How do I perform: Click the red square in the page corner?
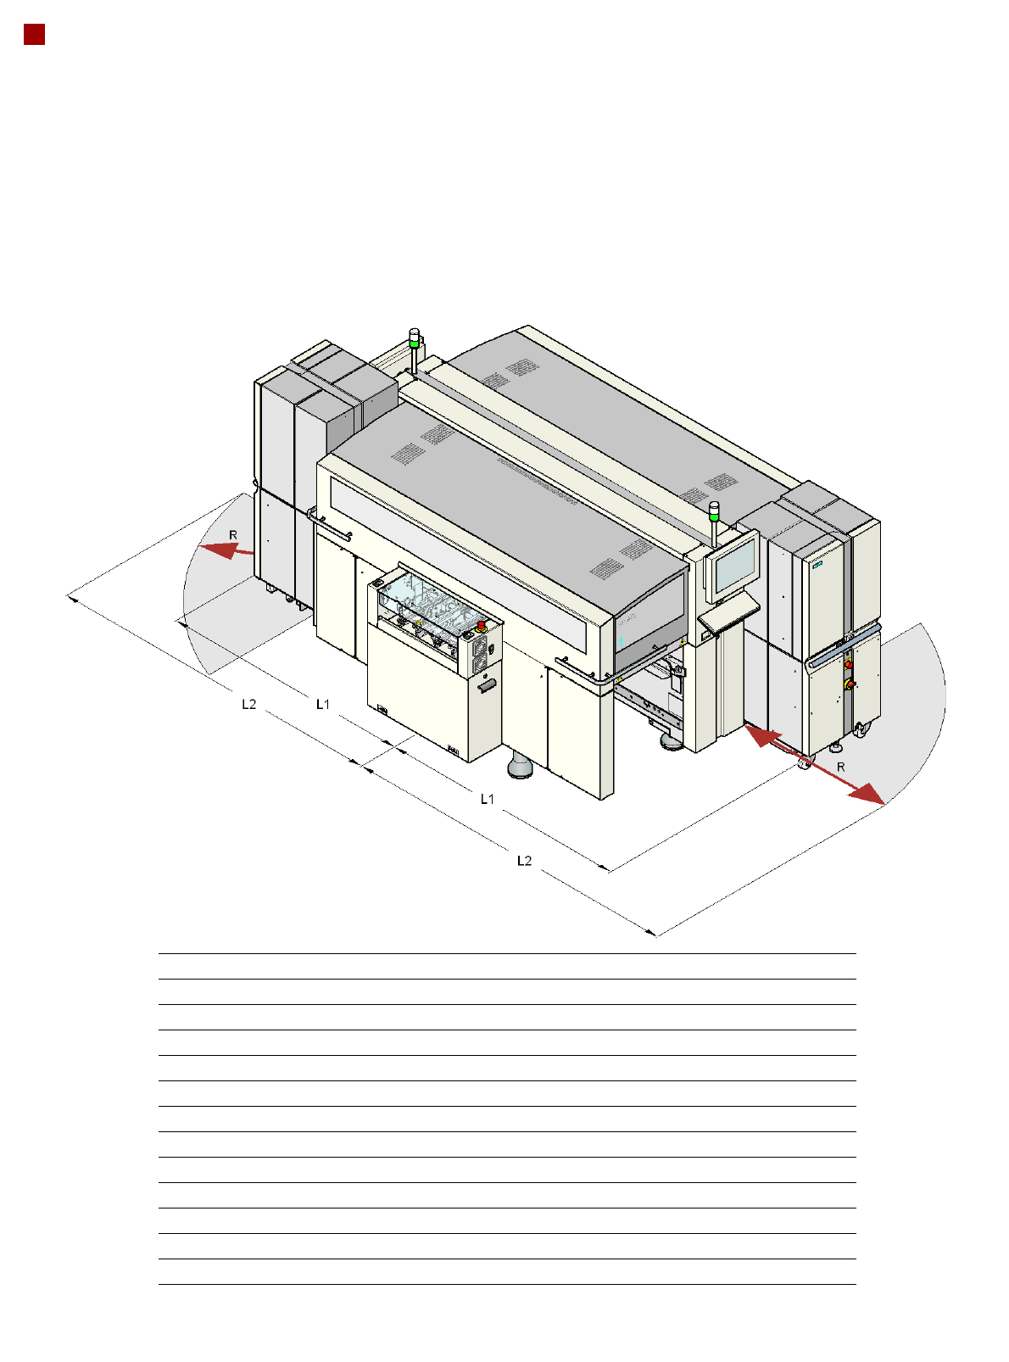(x=35, y=35)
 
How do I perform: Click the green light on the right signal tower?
(x=714, y=516)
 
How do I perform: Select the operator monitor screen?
(x=734, y=565)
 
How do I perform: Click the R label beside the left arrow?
(x=233, y=535)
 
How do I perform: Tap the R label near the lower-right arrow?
(x=840, y=767)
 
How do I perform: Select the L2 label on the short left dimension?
(x=248, y=704)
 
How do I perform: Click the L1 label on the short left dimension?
(x=322, y=704)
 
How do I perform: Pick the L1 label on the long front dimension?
(x=487, y=799)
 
